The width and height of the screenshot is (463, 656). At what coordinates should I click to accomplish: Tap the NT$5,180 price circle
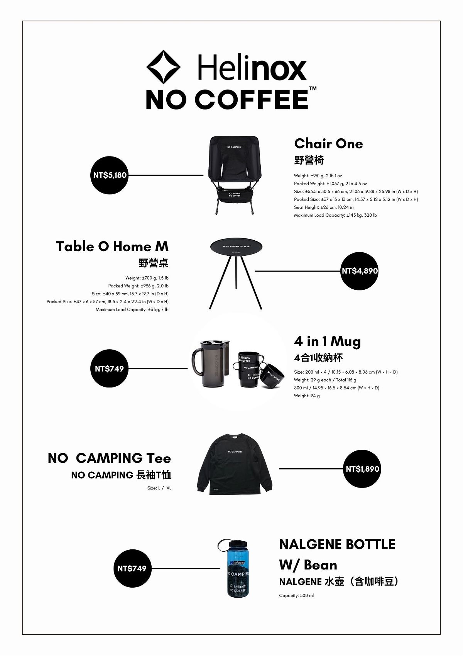(110, 175)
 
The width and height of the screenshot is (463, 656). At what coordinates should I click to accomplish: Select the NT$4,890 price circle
(360, 271)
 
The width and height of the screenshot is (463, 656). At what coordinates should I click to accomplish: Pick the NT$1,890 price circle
(362, 469)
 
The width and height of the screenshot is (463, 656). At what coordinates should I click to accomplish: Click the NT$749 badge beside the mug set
(109, 369)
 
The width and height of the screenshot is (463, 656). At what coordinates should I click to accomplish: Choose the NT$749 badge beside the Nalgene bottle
(132, 568)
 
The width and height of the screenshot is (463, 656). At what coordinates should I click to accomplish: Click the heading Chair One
(328, 144)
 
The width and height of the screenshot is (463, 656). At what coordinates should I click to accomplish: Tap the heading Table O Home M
(112, 246)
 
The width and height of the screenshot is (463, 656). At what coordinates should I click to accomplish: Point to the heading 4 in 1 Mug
(327, 341)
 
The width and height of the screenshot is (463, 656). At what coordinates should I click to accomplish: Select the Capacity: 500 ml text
(296, 595)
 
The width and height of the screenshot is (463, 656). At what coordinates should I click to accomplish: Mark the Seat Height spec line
(324, 207)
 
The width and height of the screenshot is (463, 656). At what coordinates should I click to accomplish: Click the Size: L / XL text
(159, 488)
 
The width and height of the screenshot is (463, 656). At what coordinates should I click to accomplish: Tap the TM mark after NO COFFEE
(313, 88)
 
